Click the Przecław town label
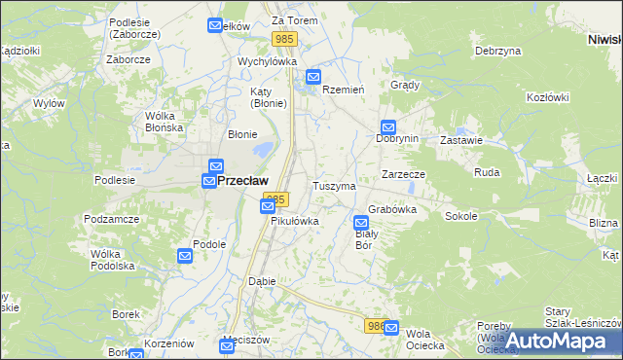242,180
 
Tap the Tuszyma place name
334,185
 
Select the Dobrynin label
397,138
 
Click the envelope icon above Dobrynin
388,126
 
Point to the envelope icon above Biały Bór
361,221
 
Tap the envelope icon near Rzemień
313,77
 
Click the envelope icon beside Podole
185,256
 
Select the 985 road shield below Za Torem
284,38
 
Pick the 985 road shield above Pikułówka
276,198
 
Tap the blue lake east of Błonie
262,151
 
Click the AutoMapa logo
557,341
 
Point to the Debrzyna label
494,50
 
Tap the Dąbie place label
262,280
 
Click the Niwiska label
605,39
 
